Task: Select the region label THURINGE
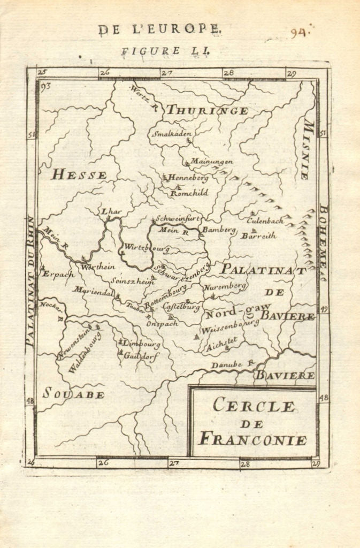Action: point(206,111)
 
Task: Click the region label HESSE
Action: point(79,174)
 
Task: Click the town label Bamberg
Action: point(218,230)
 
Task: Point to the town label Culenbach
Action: point(265,220)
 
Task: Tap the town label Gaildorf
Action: point(141,355)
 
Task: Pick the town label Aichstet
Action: point(224,341)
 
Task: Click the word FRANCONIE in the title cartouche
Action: point(252,440)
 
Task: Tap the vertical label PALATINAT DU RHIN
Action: point(30,281)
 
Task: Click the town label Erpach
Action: point(58,273)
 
